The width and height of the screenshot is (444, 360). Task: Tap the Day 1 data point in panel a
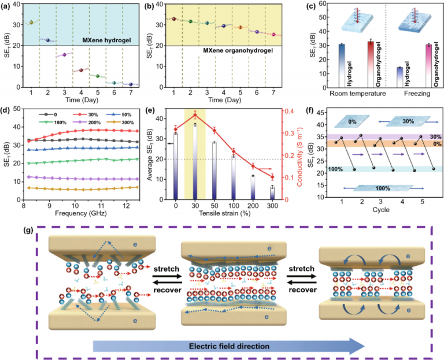31,23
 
